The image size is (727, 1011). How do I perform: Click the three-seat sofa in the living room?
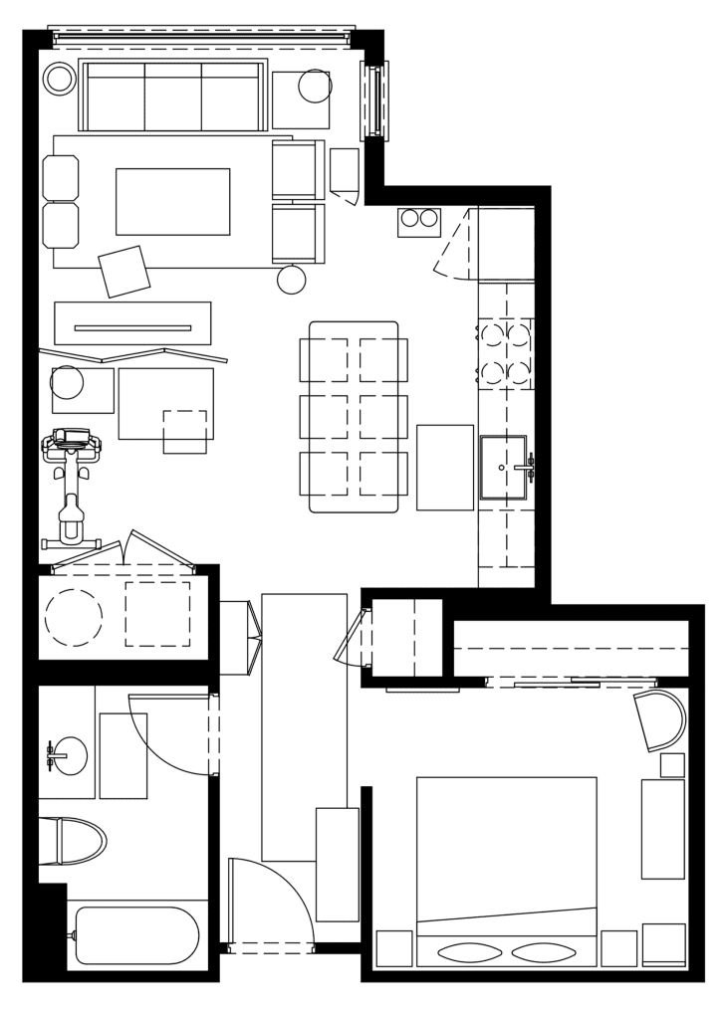click(172, 97)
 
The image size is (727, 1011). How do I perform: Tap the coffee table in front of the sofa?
click(172, 201)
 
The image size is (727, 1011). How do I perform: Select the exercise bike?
click(71, 488)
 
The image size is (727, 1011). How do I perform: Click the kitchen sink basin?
click(503, 467)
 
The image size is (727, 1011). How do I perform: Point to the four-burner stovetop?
click(506, 353)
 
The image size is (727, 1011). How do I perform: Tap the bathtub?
click(137, 935)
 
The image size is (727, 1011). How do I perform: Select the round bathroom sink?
click(69, 756)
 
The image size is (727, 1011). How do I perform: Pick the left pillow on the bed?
click(470, 952)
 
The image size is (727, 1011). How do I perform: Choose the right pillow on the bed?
click(544, 952)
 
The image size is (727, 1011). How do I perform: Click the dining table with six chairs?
click(354, 417)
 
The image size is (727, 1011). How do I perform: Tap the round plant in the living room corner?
click(60, 79)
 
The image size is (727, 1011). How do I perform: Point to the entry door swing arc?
click(274, 901)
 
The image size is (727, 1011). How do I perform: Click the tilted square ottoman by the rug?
click(124, 271)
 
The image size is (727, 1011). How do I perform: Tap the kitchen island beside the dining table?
click(445, 468)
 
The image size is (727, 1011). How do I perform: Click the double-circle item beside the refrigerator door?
click(419, 220)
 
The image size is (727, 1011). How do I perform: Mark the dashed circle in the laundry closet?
click(74, 618)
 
